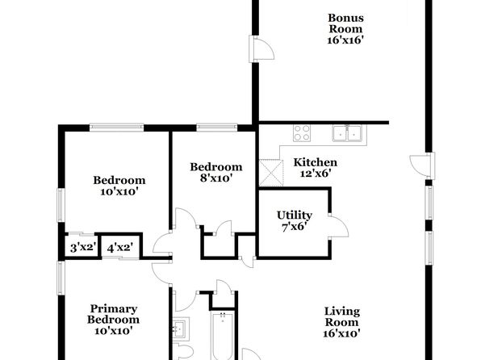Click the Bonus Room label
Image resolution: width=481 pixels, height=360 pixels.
click(345, 29)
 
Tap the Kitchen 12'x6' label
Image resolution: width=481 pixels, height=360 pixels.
click(315, 168)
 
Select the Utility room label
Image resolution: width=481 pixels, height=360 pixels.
click(295, 220)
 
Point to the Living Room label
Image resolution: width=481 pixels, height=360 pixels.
click(341, 322)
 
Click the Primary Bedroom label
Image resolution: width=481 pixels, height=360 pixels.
click(113, 320)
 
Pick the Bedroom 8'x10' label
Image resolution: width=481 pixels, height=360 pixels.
click(216, 172)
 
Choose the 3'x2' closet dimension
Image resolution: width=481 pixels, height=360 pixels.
click(83, 247)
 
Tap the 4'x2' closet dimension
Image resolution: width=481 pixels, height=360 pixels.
click(120, 247)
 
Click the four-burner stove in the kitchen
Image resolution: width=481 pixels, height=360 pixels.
click(302, 133)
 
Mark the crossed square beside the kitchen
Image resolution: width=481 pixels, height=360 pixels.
click(271, 173)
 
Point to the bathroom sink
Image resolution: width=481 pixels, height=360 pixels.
click(181, 328)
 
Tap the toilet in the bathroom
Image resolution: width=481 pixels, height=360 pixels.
click(182, 352)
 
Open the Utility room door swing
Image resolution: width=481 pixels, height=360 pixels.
click(338, 227)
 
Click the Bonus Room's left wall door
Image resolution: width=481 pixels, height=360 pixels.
click(261, 48)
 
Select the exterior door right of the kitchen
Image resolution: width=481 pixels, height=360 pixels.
click(422, 165)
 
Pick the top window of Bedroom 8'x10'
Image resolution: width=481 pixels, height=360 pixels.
click(216, 127)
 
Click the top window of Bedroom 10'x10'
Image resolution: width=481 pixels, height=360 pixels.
click(116, 127)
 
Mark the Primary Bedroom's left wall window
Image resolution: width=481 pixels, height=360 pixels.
click(61, 278)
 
